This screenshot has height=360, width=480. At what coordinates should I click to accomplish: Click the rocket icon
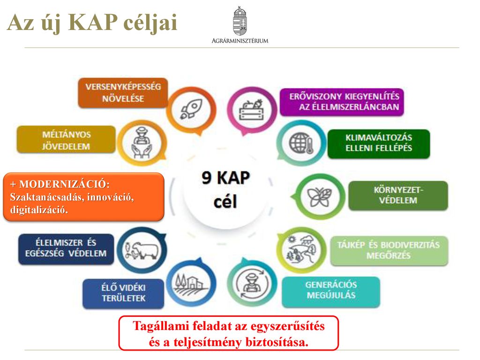tap(191, 109)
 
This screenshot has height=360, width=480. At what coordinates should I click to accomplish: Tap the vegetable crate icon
tap(252, 109)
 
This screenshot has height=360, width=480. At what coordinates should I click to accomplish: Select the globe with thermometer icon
tap(301, 143)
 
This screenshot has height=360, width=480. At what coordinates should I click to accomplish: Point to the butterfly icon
tap(320, 196)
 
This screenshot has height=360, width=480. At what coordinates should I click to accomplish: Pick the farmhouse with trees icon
tap(190, 283)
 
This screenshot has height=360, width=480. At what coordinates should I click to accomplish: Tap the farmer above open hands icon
tap(142, 143)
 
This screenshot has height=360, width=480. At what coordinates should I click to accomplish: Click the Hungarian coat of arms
tap(240, 21)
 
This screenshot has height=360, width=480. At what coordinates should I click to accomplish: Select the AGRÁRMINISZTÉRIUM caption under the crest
tap(240, 41)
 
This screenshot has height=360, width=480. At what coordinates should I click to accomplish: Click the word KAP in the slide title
tap(93, 22)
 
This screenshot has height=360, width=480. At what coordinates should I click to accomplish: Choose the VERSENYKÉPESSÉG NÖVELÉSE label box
tap(123, 93)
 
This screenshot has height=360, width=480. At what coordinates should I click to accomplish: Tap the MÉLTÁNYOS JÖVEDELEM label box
tap(66, 140)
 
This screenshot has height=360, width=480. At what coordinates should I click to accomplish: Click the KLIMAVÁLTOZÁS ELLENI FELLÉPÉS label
tap(379, 143)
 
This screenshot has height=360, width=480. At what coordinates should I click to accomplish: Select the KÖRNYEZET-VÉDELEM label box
tap(398, 195)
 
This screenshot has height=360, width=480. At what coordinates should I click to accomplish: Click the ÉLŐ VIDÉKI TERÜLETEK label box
tap(123, 293)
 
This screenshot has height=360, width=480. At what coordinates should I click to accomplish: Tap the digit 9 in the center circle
tap(207, 178)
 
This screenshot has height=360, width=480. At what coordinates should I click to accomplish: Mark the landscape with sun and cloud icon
tap(301, 249)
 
